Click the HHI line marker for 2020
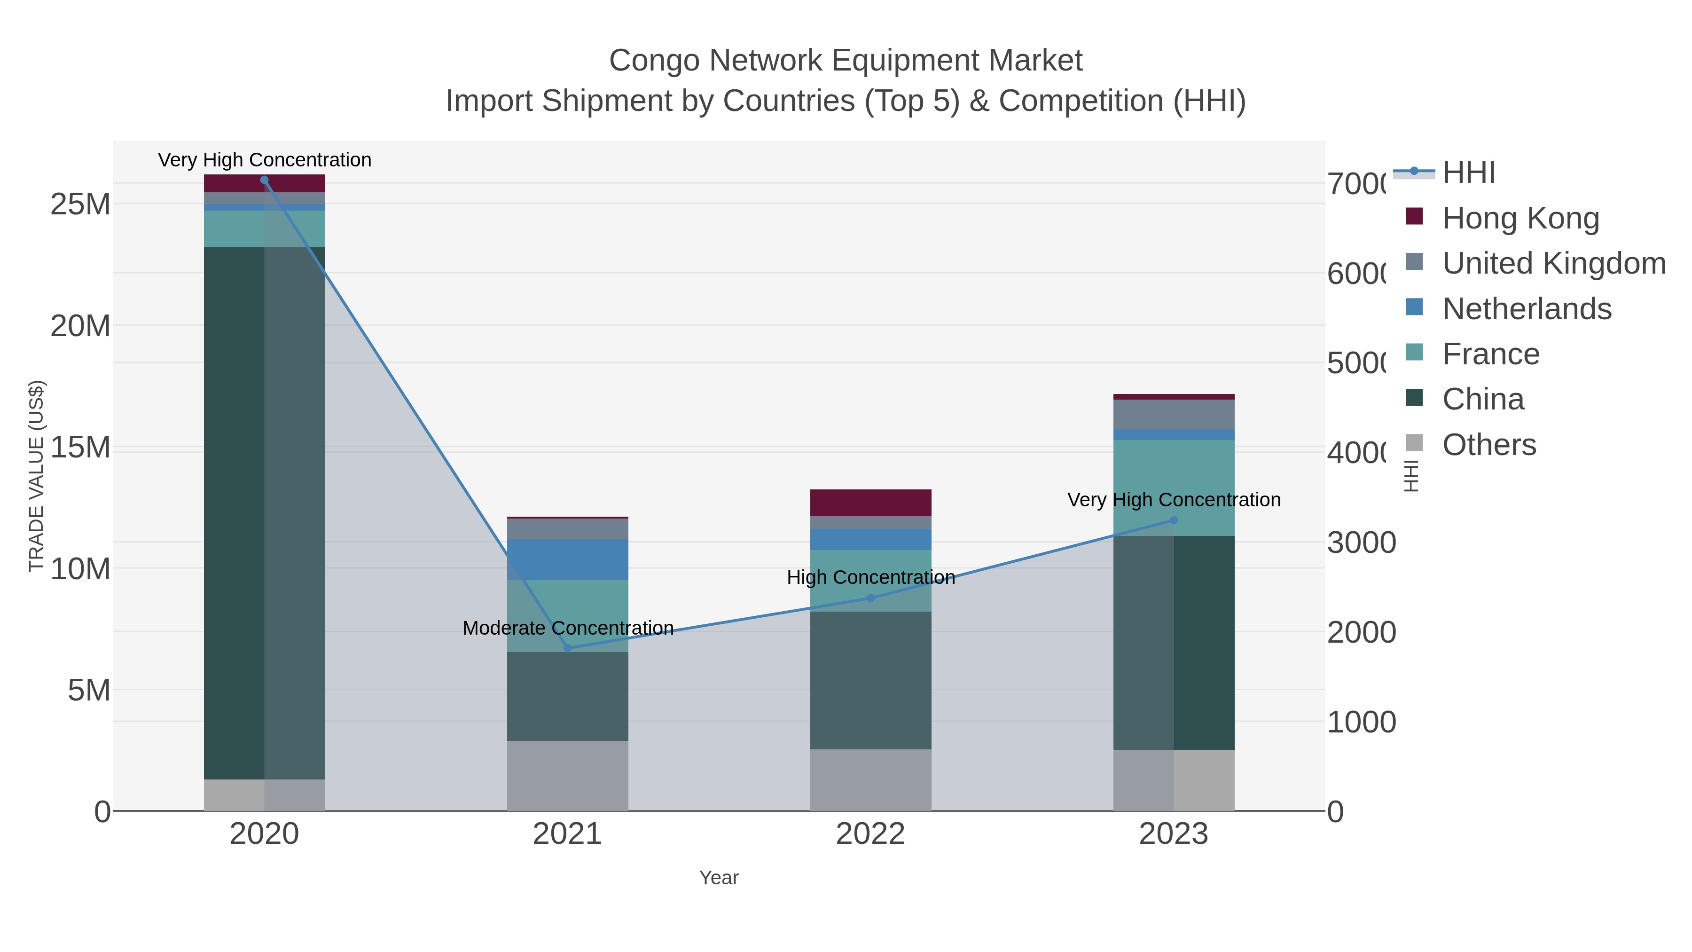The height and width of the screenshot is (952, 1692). click(264, 180)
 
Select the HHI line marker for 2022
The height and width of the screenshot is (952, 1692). click(871, 598)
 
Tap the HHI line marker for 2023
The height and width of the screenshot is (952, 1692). click(1174, 520)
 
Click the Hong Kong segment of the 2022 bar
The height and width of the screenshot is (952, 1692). click(870, 503)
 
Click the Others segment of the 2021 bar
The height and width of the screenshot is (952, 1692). click(567, 775)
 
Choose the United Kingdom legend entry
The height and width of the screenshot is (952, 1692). click(1553, 263)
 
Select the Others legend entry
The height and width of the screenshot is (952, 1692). click(1488, 444)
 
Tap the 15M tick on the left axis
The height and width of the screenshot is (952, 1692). click(79, 448)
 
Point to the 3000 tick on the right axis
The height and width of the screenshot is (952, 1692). click(1361, 543)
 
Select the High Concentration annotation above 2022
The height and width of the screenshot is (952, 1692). click(871, 577)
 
